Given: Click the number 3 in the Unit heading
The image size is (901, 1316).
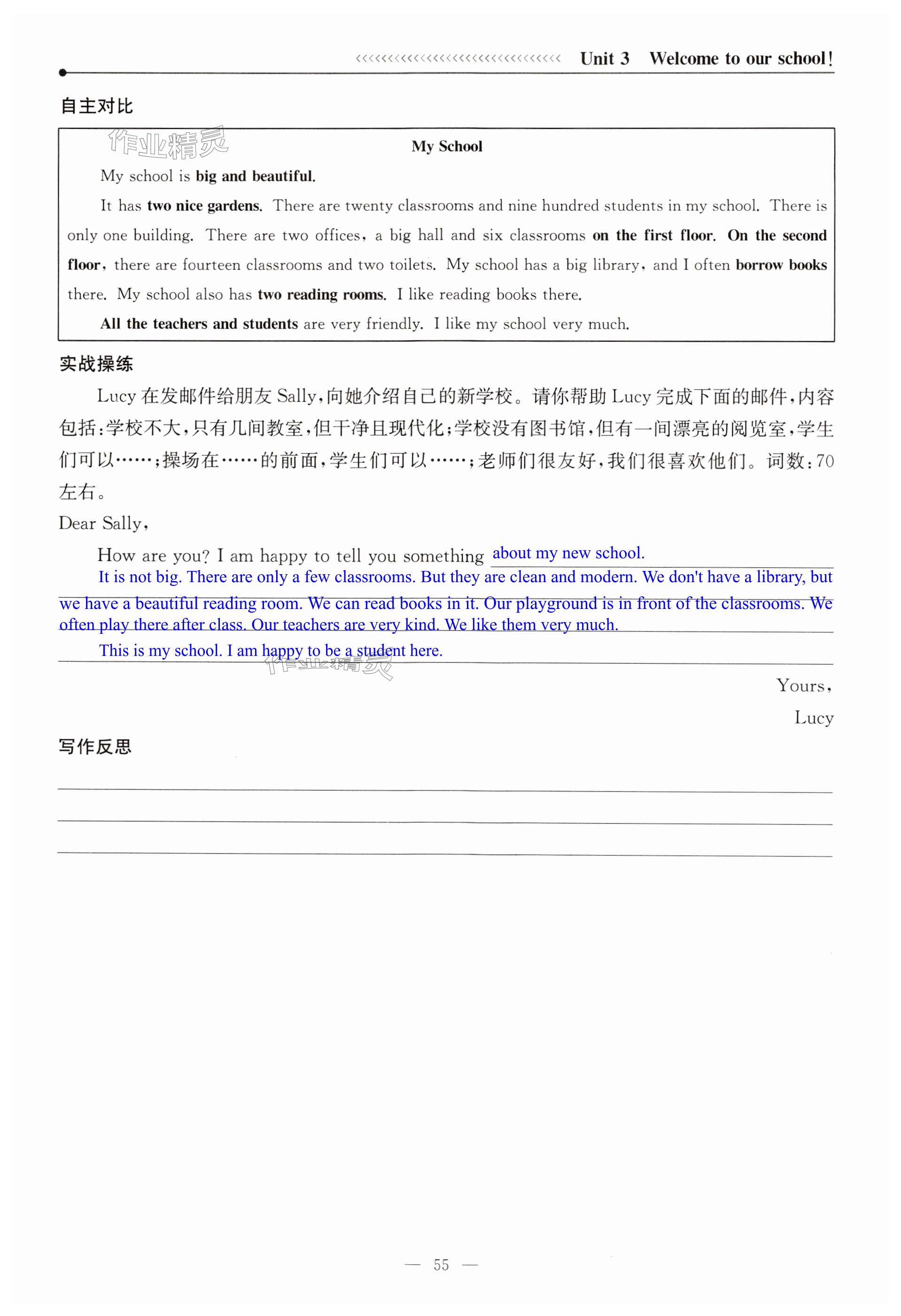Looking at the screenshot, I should (624, 59).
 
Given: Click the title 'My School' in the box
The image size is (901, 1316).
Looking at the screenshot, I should (447, 146).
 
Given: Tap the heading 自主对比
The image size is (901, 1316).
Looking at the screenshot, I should (96, 106).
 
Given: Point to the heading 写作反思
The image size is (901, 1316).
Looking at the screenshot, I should (95, 747).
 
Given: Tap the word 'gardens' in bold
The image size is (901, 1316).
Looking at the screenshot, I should (234, 206).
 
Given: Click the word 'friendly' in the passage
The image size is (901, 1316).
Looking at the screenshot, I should (393, 324).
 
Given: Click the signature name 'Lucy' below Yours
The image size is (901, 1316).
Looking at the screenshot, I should (813, 718).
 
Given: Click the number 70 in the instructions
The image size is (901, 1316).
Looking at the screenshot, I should (824, 462).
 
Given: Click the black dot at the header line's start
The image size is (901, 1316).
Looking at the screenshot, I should (62, 72).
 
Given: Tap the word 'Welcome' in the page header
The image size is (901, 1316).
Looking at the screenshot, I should (684, 59).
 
